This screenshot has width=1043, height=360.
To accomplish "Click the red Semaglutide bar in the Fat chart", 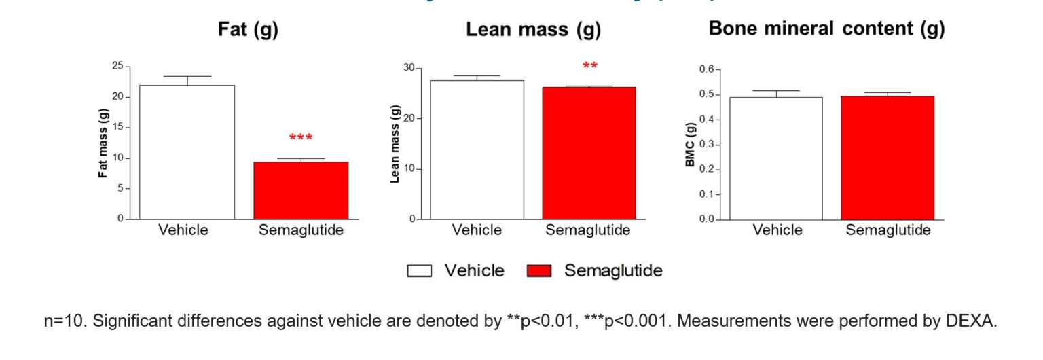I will tap(301, 190).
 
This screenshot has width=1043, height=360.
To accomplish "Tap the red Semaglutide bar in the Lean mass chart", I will tap(589, 153).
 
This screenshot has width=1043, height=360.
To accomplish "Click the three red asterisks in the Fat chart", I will tap(301, 139).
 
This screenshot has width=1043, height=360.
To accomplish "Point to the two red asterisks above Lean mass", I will tap(590, 67).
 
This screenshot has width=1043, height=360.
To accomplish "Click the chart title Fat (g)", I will tap(248, 30).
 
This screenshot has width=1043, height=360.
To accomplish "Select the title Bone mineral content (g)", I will tap(826, 29).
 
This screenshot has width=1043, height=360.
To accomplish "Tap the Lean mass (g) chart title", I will tap(533, 30).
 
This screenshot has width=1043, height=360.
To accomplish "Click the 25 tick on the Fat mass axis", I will tap(117, 66).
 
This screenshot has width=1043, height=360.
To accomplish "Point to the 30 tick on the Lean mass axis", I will tap(408, 68).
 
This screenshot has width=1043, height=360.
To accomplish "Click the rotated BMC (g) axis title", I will tap(691, 144).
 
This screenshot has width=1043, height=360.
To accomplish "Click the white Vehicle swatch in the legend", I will tap(420, 271).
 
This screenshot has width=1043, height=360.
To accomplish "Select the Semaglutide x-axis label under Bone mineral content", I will tap(888, 230).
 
